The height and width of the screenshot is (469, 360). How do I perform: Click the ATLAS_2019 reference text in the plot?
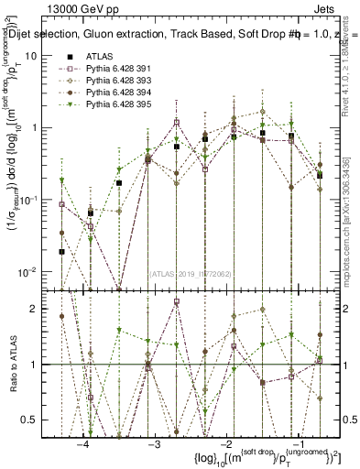coord(188,273)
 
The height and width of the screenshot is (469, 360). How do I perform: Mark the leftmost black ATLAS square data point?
coord(61,251)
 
